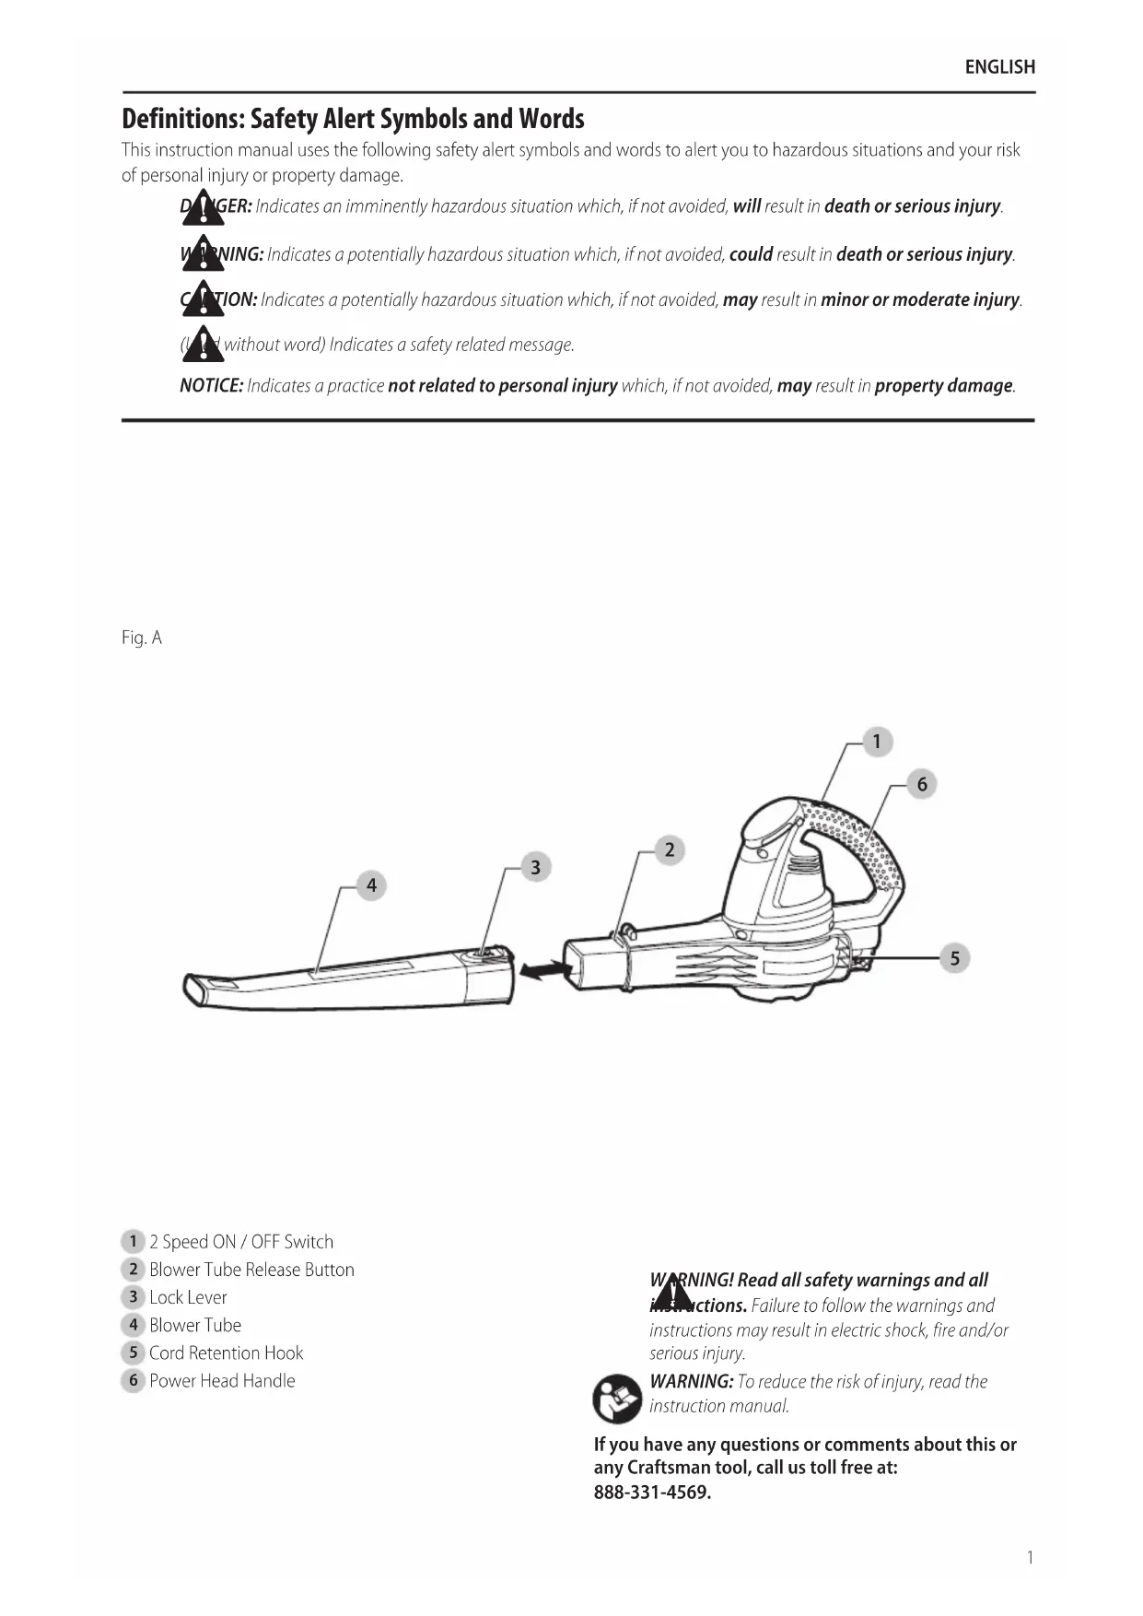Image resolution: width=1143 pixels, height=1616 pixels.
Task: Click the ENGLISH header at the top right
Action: pos(999,66)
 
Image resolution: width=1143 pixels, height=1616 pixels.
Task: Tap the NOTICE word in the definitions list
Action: pos(211,386)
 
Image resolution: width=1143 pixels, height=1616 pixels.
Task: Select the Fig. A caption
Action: pos(141,638)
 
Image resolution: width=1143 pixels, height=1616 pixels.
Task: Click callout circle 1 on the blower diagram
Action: pos(877,742)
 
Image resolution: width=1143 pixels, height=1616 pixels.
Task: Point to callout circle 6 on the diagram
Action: pos(921,785)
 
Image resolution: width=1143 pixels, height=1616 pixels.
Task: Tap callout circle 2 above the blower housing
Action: pos(670,849)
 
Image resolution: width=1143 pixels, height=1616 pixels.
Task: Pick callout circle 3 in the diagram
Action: pos(536,867)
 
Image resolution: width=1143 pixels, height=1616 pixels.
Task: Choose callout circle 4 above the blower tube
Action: pos(371,885)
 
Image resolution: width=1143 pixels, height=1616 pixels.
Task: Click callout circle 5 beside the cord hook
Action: pos(954,958)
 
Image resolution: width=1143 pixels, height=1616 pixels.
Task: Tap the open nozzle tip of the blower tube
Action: pos(196,991)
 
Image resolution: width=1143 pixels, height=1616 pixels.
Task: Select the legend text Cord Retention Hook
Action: pos(226,1353)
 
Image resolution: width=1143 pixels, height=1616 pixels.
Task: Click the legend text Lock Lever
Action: pos(188,1297)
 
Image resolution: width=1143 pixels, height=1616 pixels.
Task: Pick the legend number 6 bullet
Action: pos(133,1380)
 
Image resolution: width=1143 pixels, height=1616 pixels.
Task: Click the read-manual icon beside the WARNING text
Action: pos(617,1398)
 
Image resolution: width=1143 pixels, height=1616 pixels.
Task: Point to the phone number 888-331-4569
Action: pos(652,1493)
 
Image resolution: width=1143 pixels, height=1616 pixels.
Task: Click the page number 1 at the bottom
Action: pos(1030,1557)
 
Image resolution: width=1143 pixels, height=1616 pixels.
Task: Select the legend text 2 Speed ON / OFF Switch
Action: pos(241,1242)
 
